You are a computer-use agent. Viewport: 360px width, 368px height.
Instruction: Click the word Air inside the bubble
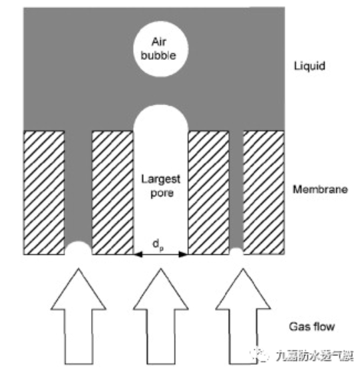(159, 42)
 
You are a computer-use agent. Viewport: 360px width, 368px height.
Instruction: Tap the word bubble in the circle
(158, 56)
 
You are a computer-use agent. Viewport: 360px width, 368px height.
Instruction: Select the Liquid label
(309, 66)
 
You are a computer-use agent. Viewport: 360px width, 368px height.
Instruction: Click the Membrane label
(320, 190)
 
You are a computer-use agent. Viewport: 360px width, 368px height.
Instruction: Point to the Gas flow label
(311, 327)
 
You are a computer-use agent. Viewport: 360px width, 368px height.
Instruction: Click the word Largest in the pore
(161, 180)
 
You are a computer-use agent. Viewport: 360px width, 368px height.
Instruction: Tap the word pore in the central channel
(162, 193)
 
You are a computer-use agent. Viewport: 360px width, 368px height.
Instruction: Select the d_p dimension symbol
(158, 245)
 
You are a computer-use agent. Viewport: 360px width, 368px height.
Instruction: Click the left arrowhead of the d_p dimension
(138, 254)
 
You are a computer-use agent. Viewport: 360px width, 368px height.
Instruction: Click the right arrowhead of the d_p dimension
(183, 254)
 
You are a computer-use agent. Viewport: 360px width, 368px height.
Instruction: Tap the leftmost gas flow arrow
(79, 316)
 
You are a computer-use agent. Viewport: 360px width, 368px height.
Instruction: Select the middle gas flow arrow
(161, 316)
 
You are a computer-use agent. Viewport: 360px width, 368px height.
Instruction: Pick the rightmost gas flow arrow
(243, 316)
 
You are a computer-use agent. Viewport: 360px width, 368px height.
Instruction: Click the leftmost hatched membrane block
(44, 193)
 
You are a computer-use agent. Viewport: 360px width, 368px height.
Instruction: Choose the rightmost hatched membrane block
(264, 193)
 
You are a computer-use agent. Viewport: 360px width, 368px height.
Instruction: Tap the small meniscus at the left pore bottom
(79, 248)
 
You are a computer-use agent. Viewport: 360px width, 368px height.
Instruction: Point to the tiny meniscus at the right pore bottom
(236, 251)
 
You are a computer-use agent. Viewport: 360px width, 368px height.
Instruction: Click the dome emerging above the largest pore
(161, 117)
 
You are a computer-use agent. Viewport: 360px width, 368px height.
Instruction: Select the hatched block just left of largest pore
(112, 193)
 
